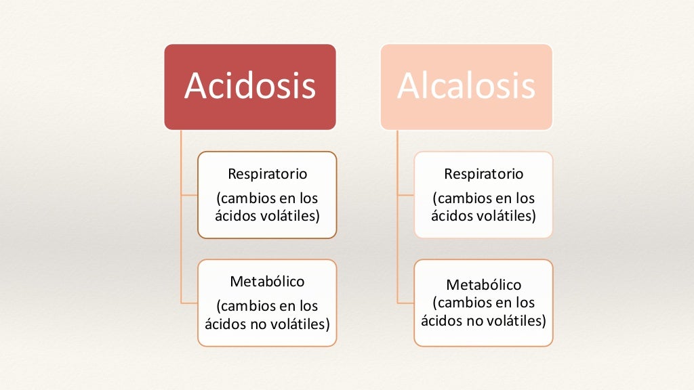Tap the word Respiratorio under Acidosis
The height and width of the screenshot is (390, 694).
coord(267,174)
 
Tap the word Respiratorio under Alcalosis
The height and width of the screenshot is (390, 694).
coord(483,174)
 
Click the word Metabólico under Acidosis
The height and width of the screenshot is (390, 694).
coord(267,281)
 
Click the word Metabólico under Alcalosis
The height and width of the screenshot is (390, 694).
coord(483,284)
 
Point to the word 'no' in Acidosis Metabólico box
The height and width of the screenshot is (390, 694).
coord(259,324)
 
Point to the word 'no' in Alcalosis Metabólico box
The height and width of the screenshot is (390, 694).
coord(474,320)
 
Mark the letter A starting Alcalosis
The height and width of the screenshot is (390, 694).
coord(409,87)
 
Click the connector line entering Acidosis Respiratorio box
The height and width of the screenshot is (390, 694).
coord(189,195)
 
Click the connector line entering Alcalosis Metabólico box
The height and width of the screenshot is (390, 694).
coord(405,303)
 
